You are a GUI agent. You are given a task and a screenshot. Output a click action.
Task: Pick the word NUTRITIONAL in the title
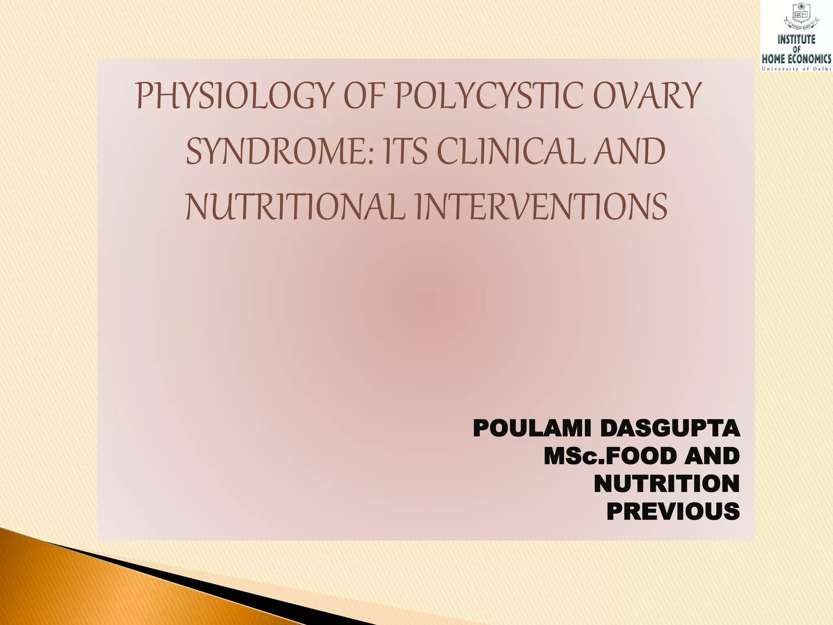[295, 206]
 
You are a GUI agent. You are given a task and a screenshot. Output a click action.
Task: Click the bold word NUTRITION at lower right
[667, 484]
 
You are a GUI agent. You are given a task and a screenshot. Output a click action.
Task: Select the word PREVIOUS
[673, 511]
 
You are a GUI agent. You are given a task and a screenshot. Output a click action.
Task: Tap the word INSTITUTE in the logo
[797, 40]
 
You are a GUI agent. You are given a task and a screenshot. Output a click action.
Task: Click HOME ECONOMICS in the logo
[797, 59]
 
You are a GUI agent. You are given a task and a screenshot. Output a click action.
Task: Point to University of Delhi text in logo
[797, 69]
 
